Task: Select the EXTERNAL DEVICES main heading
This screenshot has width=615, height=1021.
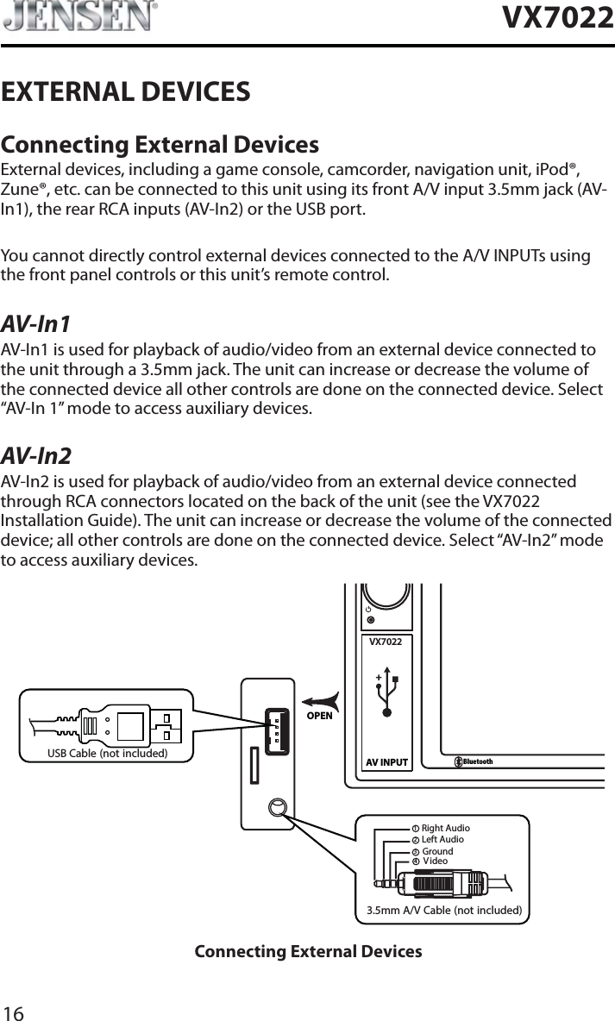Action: tap(126, 91)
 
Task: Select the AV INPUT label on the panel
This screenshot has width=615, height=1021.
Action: tap(386, 762)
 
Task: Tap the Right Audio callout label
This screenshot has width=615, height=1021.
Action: tap(445, 829)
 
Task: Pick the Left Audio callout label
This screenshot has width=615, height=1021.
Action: tap(442, 840)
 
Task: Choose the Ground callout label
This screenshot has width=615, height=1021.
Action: tap(436, 852)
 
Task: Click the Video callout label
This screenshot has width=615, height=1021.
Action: tap(436, 861)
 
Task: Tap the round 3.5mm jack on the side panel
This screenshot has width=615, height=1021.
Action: tap(276, 808)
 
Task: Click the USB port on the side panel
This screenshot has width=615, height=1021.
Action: tap(276, 730)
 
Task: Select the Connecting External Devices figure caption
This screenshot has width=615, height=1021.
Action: tap(308, 952)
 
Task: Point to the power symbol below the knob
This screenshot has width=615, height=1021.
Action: tap(369, 608)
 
